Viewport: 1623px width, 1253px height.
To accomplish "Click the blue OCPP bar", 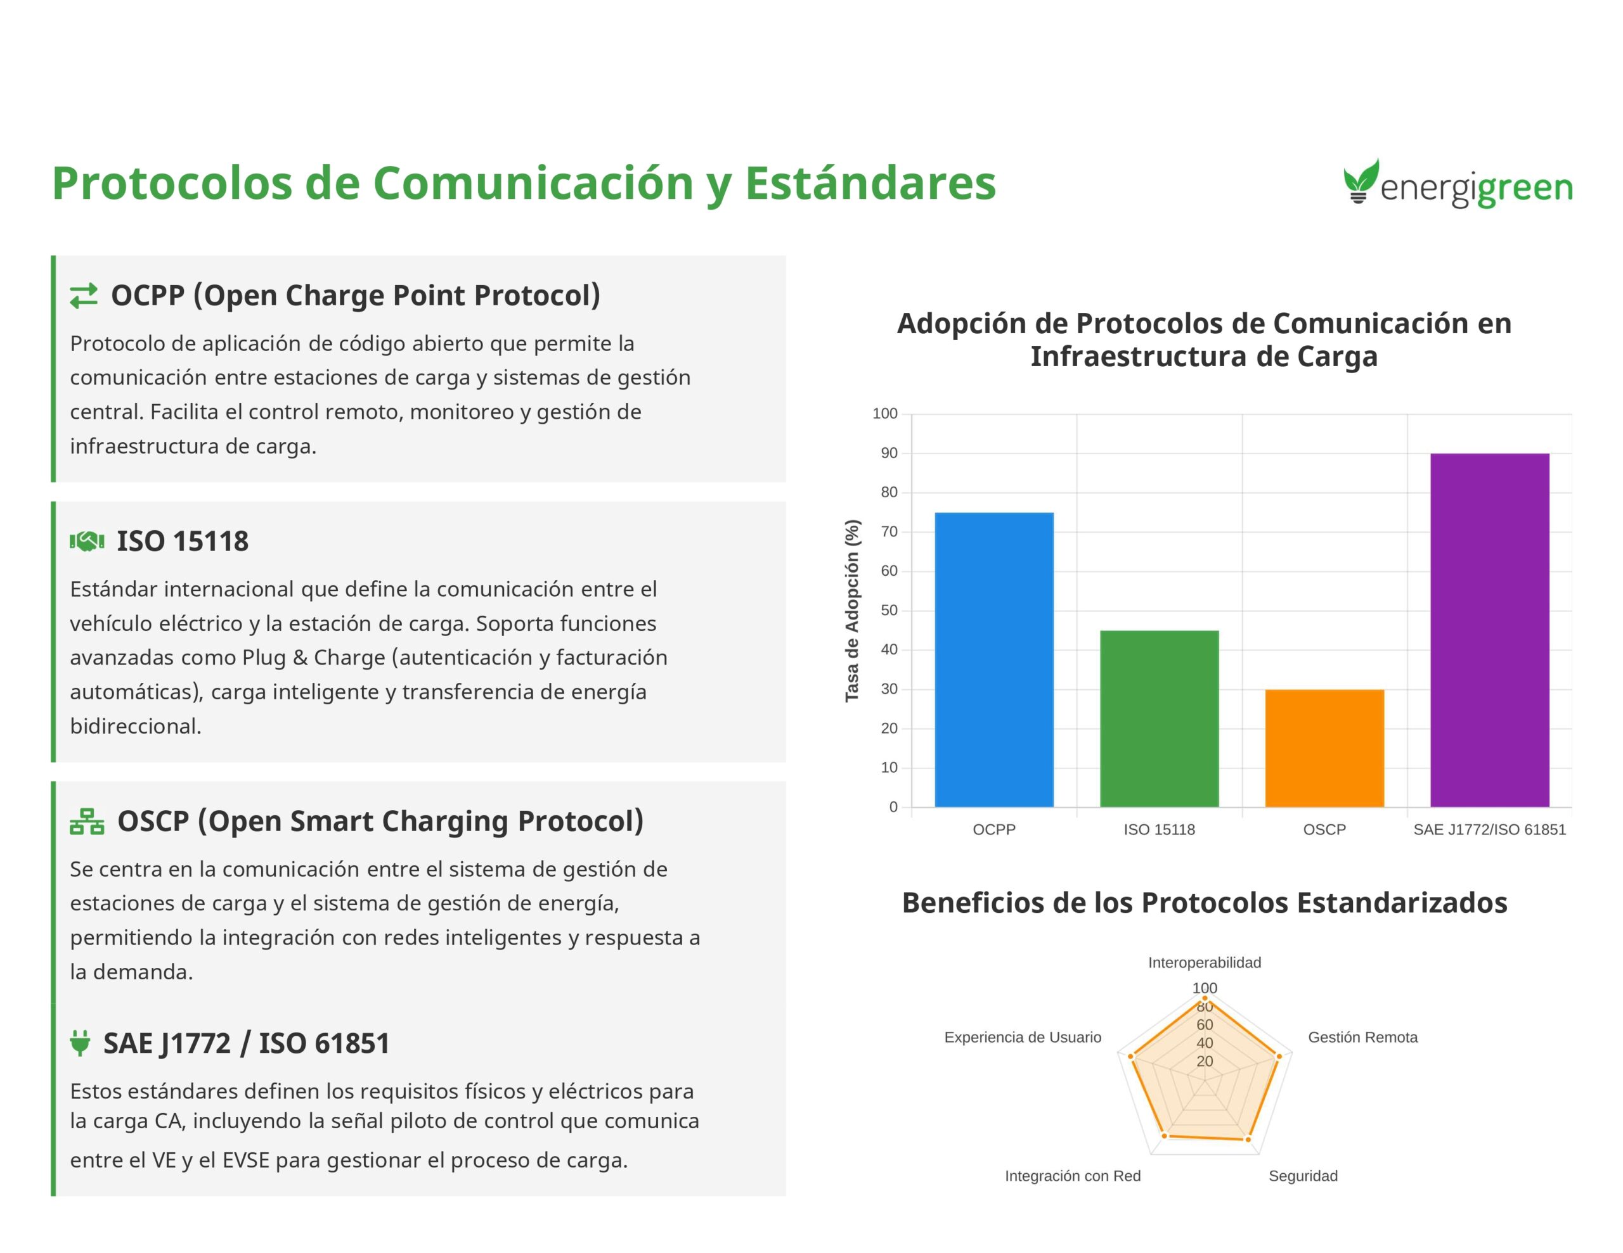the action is tap(993, 659).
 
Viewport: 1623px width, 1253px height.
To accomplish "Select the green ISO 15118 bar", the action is tap(1160, 718).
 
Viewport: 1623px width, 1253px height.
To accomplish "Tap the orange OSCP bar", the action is tap(1324, 748).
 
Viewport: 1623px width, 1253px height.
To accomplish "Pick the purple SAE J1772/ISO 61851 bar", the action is tap(1490, 630).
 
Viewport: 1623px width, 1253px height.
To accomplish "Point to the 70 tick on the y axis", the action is tap(889, 532).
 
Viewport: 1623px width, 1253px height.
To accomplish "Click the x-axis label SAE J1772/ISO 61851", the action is tap(1489, 830).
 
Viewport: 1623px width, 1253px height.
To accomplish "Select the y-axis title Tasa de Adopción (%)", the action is tap(851, 611).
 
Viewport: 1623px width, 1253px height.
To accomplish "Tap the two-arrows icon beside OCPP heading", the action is tap(84, 296).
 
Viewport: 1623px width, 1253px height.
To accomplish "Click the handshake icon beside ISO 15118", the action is tap(87, 542).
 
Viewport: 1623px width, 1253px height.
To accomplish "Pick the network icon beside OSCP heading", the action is tap(87, 822).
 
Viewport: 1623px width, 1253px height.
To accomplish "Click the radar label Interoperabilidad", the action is tap(1205, 963).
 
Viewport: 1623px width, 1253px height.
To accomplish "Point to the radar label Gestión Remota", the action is tap(1363, 1038).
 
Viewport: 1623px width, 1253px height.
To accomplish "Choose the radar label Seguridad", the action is tap(1303, 1176).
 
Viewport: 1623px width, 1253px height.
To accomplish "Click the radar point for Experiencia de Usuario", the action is tap(1131, 1056).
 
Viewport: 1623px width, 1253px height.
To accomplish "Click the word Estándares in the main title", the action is tap(870, 182).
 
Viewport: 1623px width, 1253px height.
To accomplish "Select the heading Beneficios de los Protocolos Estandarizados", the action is tap(1205, 903).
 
